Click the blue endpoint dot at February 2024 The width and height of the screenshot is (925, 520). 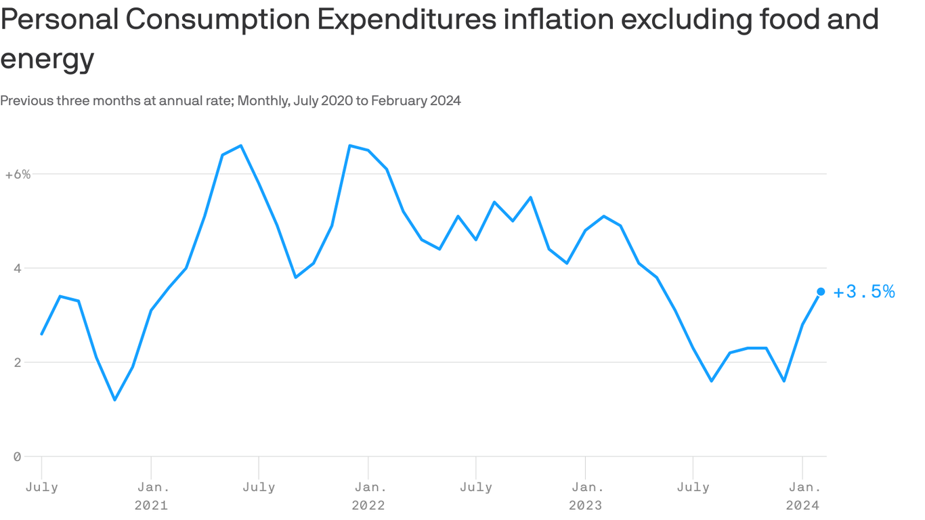[x=821, y=291]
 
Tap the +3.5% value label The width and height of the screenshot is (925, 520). [x=864, y=292]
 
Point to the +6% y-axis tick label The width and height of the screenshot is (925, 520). [x=18, y=174]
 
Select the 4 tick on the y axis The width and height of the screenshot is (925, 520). [x=17, y=268]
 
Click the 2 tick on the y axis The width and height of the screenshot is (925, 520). [x=17, y=362]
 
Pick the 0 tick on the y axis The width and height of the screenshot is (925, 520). [x=17, y=456]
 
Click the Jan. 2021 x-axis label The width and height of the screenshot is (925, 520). [x=151, y=496]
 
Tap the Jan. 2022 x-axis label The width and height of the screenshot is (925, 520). [x=368, y=496]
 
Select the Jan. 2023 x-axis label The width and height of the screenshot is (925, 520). [x=585, y=496]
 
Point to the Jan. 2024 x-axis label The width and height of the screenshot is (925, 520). [x=802, y=496]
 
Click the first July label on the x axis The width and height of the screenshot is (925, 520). [x=42, y=487]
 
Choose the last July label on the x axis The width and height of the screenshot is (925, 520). [x=693, y=487]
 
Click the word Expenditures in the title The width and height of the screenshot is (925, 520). [x=406, y=20]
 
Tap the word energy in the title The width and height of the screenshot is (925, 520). [x=47, y=60]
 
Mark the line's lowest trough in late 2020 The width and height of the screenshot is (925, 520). [x=114, y=399]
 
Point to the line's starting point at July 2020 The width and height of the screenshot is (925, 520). [x=42, y=334]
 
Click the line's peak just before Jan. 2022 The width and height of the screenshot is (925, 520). [x=349, y=146]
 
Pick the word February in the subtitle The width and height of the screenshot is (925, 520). [x=399, y=101]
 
